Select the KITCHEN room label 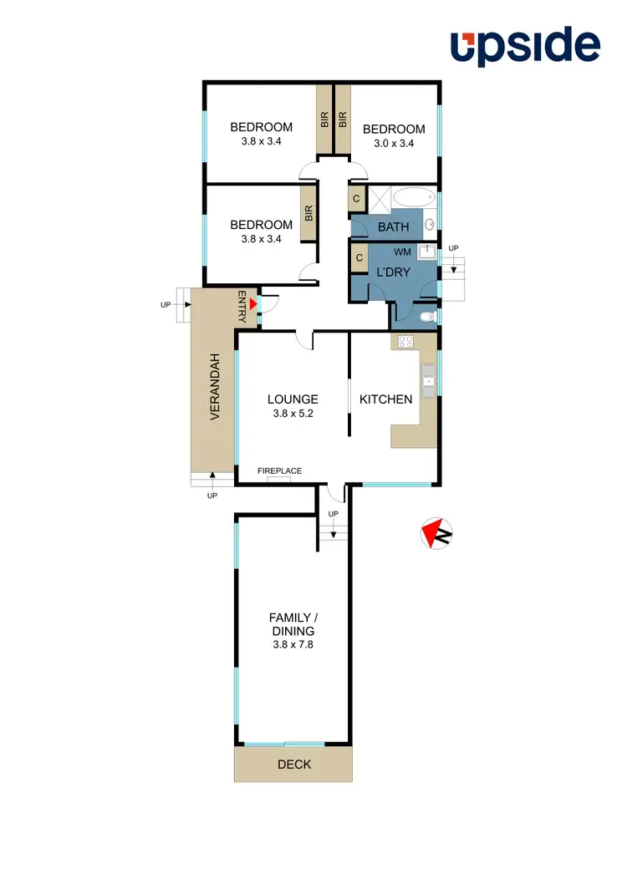click(386, 399)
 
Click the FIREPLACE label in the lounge click(279, 471)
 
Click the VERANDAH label click(215, 387)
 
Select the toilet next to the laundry click(427, 318)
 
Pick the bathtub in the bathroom click(414, 198)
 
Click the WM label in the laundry click(402, 251)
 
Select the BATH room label click(393, 226)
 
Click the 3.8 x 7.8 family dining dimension click(293, 645)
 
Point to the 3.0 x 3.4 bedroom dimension click(394, 143)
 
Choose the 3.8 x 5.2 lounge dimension click(293, 413)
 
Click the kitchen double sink click(429, 380)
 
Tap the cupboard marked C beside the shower click(356, 199)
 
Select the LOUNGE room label click(293, 399)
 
